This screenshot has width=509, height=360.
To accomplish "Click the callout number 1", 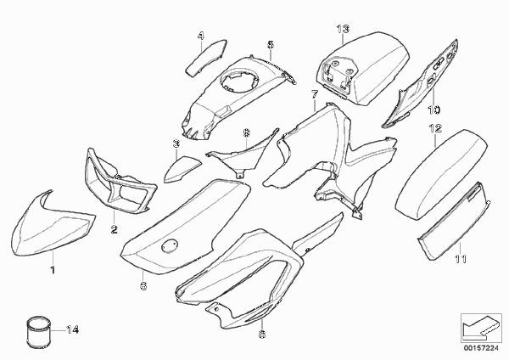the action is click(x=53, y=270).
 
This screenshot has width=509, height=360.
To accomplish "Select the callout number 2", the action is click(x=115, y=230).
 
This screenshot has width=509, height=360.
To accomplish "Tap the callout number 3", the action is click(x=176, y=143).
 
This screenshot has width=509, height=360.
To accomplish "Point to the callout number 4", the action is click(x=201, y=36).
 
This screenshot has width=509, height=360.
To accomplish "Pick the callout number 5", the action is click(x=271, y=44).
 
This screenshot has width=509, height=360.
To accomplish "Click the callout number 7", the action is click(x=315, y=94).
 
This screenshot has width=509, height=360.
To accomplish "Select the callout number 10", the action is click(x=434, y=110).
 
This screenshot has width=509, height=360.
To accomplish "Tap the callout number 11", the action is click(x=460, y=259).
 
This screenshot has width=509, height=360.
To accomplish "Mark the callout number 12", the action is click(x=435, y=128).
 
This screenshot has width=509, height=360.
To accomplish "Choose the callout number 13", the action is click(x=343, y=29).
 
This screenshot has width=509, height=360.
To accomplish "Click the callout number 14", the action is click(x=72, y=330).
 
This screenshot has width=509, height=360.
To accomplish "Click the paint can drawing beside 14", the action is click(x=39, y=332).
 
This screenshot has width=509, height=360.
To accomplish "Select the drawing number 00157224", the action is click(x=481, y=348).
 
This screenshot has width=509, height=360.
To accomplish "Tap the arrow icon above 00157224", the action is click(x=480, y=328).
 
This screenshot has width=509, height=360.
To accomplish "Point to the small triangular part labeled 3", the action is click(x=182, y=169).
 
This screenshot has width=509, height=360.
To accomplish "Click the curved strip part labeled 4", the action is click(x=206, y=58).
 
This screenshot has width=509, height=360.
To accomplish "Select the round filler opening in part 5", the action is click(x=238, y=78).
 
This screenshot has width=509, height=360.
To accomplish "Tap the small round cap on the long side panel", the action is click(x=170, y=245).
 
